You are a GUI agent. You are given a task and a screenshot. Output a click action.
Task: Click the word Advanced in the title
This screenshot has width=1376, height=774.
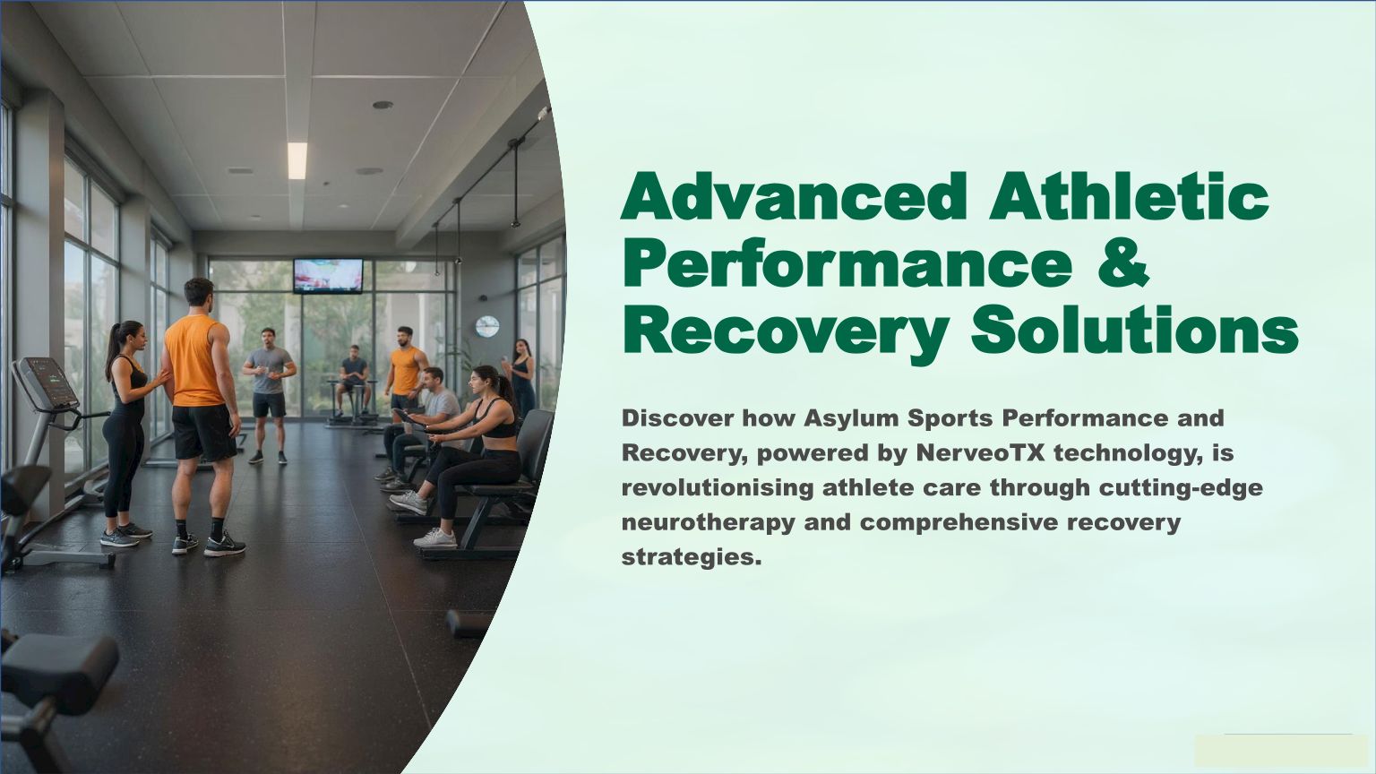click(x=794, y=196)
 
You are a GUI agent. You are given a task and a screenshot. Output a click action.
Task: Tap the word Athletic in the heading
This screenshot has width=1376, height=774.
click(x=1129, y=196)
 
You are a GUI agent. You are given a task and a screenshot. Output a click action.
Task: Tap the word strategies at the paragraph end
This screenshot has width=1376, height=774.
click(x=691, y=558)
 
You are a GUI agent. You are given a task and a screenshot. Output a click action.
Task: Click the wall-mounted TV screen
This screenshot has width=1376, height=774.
click(x=328, y=275)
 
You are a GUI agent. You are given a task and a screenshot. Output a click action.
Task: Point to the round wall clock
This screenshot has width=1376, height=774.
click(x=486, y=326)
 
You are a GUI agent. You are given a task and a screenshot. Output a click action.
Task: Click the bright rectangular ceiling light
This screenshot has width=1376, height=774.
click(x=297, y=161)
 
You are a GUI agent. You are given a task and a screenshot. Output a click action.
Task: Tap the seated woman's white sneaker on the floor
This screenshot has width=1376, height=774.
click(x=435, y=538)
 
